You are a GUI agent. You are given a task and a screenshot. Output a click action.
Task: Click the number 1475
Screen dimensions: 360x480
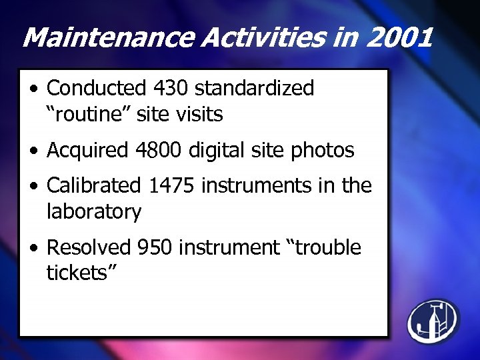coord(172,185)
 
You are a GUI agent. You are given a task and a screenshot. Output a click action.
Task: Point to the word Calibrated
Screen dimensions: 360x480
coord(94,185)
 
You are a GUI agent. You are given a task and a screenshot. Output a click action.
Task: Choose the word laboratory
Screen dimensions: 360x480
coord(93,212)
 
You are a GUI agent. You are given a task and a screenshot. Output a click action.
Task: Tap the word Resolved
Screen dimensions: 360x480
coord(89,247)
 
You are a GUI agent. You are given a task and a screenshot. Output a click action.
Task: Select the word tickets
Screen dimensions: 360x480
coord(77,273)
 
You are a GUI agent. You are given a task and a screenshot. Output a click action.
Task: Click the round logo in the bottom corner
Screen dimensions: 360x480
coord(433,321)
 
